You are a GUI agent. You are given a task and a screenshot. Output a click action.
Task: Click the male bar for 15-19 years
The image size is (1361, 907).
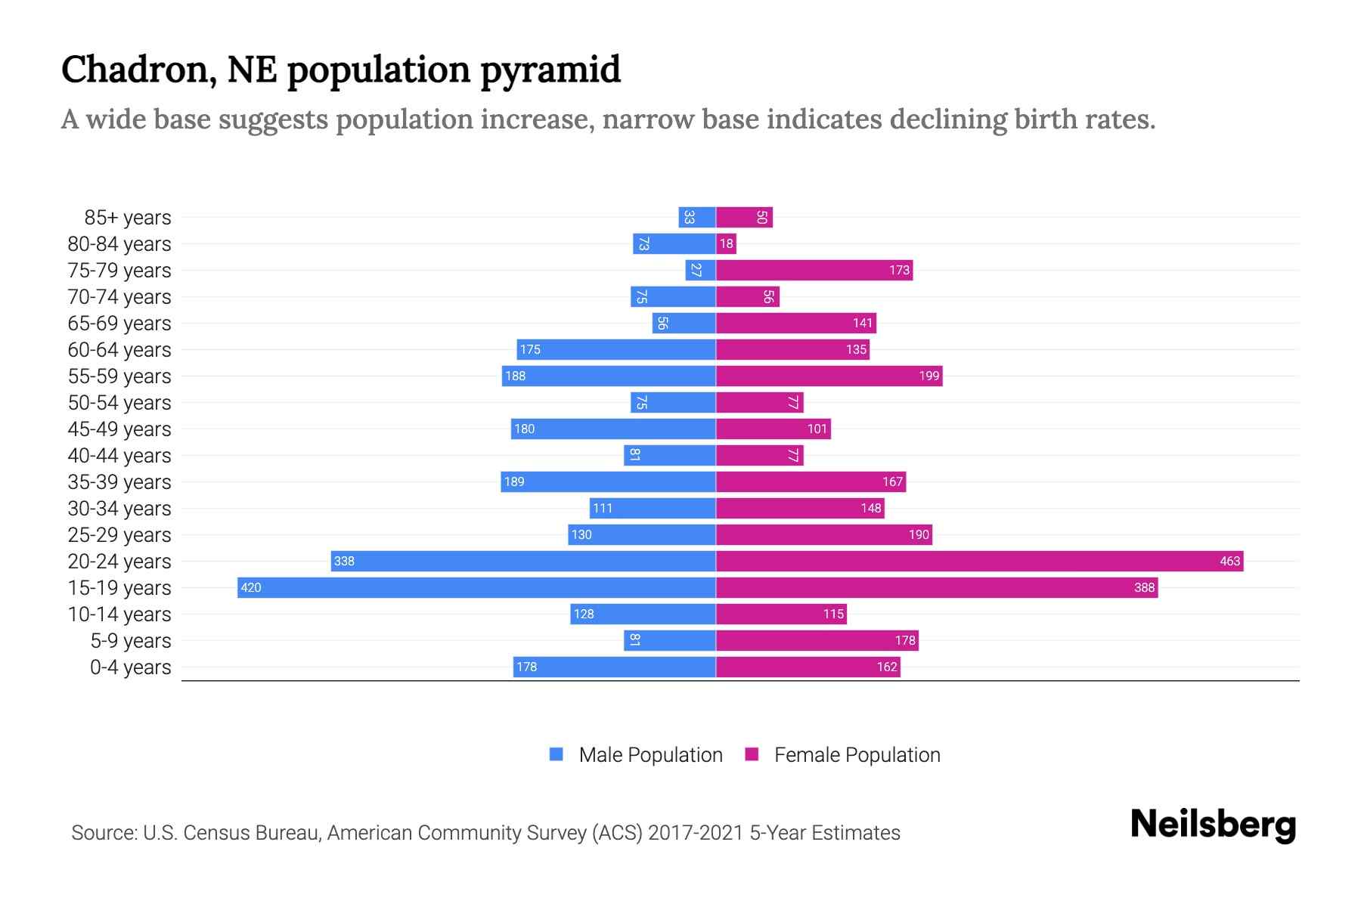[476, 587]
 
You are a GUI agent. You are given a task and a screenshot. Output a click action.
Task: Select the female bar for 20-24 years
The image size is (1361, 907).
[979, 561]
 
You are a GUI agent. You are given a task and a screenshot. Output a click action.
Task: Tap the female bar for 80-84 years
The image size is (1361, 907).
[726, 243]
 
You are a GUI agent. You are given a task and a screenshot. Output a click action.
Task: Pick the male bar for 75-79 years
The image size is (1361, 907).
[700, 270]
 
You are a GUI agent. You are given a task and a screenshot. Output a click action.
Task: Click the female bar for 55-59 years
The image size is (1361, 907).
[829, 376]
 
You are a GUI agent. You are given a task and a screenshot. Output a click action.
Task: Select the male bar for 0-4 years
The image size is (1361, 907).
[614, 667]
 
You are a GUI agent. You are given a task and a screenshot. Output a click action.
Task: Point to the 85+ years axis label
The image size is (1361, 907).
[127, 218]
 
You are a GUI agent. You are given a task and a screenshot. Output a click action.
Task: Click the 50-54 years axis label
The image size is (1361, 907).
[119, 403]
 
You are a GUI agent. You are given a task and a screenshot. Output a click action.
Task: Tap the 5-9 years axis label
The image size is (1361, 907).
[130, 641]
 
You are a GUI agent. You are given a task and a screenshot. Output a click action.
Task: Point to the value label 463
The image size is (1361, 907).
[1229, 561]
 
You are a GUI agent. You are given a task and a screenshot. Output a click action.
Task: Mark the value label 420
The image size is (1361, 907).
[251, 587]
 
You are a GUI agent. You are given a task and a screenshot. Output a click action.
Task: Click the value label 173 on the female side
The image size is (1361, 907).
[899, 270]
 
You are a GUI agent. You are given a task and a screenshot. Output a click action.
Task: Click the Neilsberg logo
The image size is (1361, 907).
[1213, 825]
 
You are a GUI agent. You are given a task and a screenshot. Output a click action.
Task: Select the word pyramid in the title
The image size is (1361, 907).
[550, 70]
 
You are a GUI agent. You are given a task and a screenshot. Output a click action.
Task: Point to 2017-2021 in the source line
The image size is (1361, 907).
[696, 833]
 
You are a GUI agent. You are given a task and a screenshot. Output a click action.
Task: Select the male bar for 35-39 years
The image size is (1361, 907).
[608, 481]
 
